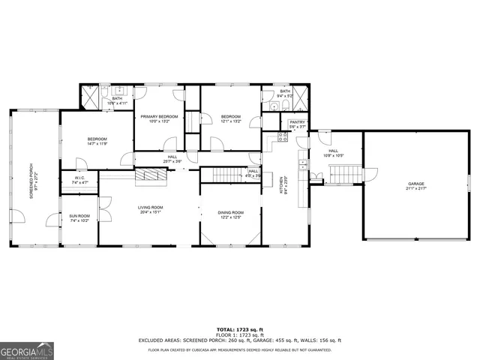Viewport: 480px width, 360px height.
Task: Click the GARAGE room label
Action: click(415, 184)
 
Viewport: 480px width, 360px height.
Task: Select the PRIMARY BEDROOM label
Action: click(158, 117)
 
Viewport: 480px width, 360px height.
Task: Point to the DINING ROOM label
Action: click(230, 212)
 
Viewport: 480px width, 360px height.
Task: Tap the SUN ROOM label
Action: click(79, 216)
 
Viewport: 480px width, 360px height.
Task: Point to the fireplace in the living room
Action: click(149, 178)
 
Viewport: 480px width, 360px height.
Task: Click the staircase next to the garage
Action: click(341, 175)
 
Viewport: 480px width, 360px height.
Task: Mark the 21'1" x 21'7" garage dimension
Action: click(415, 188)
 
